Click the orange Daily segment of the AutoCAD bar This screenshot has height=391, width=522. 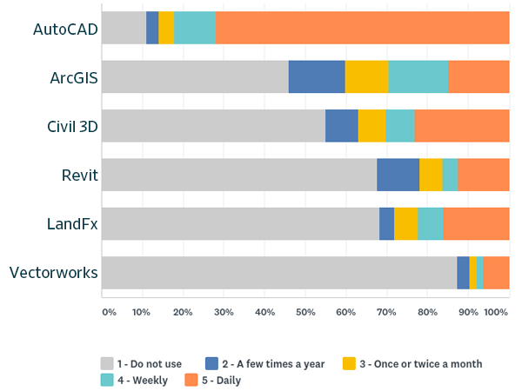362,28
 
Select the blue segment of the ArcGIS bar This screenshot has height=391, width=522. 317,76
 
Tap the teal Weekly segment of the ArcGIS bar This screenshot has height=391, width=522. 418,76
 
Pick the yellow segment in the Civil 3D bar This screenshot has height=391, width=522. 371,126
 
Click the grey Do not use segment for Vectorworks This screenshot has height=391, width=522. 279,273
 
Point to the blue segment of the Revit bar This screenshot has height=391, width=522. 398,175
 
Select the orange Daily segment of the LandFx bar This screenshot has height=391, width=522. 476,224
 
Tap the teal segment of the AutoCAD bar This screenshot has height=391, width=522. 194,28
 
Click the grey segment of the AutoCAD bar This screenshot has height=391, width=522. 124,28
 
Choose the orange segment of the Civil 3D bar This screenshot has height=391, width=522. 462,126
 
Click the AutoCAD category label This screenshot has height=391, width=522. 64,29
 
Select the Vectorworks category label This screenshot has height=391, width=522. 53,274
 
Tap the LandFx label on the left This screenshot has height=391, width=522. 72,224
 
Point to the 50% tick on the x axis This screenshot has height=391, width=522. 305,311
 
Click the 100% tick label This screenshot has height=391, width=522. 495,311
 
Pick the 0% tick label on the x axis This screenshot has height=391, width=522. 108,311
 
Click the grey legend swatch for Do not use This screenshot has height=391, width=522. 108,363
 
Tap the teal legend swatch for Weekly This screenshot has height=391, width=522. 108,379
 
